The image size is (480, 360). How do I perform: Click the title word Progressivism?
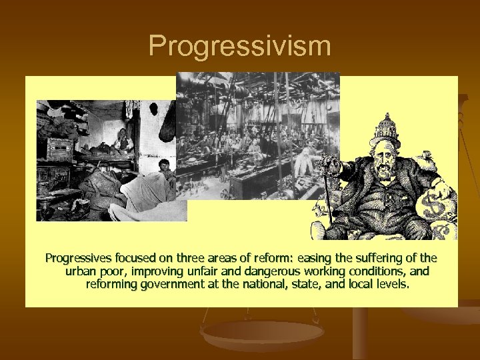coord(239,46)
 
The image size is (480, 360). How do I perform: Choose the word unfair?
coord(199,271)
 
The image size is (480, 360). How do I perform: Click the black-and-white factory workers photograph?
coord(258,133)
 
